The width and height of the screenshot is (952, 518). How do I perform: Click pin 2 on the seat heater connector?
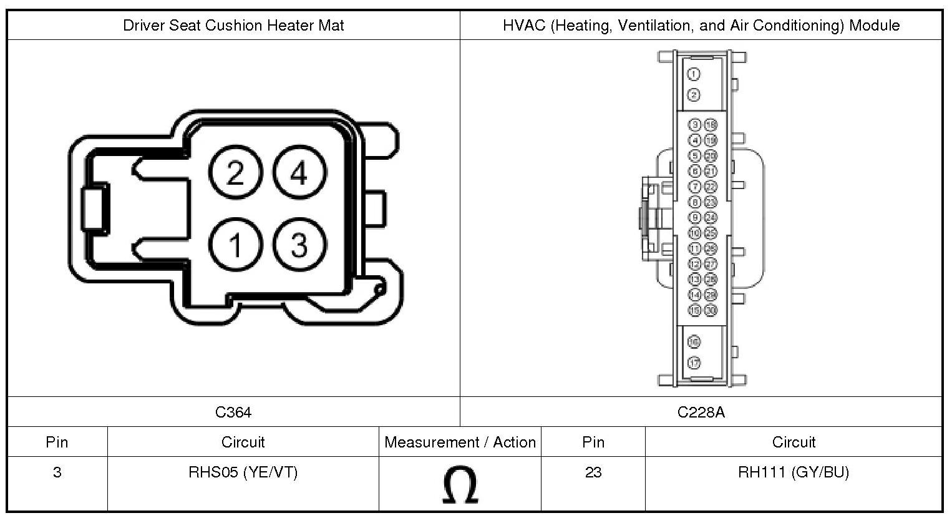235,173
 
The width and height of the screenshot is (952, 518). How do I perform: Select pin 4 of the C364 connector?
299,173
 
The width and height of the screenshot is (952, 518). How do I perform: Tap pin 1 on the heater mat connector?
235,245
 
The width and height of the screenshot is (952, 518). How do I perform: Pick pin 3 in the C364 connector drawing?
299,245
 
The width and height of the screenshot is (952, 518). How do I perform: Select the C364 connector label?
233,412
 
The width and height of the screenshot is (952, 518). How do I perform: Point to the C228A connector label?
701,412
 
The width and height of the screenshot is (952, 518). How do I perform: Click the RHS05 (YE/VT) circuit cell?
243,472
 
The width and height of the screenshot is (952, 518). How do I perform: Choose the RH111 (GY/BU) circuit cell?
794,472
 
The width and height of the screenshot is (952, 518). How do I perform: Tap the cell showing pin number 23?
593,472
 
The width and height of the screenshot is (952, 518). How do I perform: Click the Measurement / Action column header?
460,442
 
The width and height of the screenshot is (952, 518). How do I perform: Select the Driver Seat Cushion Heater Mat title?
233,26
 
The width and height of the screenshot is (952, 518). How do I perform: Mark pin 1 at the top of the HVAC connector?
694,74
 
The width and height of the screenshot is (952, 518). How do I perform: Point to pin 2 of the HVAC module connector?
694,95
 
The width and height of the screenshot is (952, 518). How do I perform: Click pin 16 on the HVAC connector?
694,341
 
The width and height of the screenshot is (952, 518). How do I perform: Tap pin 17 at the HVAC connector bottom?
694,363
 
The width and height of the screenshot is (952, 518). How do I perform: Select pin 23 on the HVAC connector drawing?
711,202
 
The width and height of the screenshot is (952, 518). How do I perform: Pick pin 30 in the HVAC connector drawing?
711,310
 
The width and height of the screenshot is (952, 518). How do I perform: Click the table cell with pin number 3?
57,472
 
